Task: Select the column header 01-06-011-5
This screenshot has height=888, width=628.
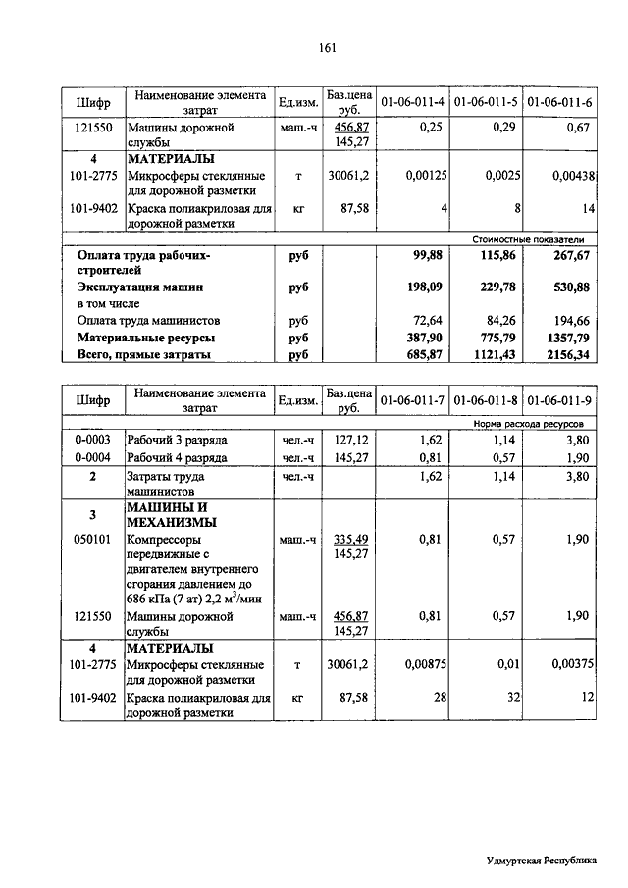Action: tap(486, 101)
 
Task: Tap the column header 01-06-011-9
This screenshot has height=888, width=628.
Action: tap(558, 400)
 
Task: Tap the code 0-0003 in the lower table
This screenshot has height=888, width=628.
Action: tap(93, 441)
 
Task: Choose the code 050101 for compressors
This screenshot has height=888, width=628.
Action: tap(93, 539)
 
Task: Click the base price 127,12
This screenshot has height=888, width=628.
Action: tap(350, 441)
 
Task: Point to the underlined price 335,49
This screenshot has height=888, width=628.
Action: tap(350, 539)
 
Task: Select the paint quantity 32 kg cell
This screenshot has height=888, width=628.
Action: tap(510, 697)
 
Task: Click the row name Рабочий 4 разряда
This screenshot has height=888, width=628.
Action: tap(178, 457)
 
